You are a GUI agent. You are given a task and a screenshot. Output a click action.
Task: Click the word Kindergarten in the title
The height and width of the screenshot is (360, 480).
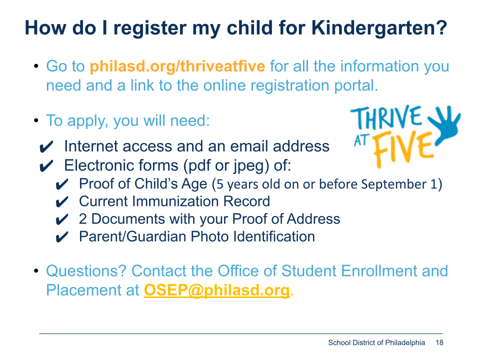tap(379, 28)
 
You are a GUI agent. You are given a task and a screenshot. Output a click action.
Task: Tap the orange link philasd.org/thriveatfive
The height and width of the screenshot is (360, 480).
tap(177, 66)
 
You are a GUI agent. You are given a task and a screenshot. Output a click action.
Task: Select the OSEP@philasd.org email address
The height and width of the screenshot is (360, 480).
tap(216, 290)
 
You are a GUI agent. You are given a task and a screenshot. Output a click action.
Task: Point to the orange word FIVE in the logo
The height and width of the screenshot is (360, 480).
tap(404, 149)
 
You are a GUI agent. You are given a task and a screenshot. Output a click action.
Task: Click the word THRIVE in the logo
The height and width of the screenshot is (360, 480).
tap(386, 118)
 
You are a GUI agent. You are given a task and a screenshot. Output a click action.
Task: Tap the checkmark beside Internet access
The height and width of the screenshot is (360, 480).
tap(46, 147)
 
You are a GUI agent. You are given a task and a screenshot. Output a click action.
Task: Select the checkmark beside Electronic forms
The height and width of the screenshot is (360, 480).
tap(46, 166)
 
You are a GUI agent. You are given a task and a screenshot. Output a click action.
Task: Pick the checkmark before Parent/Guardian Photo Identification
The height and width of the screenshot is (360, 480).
tap(62, 237)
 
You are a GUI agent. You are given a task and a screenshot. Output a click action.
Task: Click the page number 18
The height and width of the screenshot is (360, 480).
tap(439, 342)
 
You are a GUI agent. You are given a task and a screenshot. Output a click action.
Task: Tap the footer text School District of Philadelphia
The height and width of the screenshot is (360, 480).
tap(376, 342)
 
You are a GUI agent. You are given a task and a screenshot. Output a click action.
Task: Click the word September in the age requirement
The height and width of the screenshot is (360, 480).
tap(393, 184)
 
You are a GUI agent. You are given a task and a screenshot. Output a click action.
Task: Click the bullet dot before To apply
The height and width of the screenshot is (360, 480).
tap(36, 120)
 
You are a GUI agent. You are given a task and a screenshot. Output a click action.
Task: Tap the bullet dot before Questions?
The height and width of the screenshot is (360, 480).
tap(36, 270)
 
